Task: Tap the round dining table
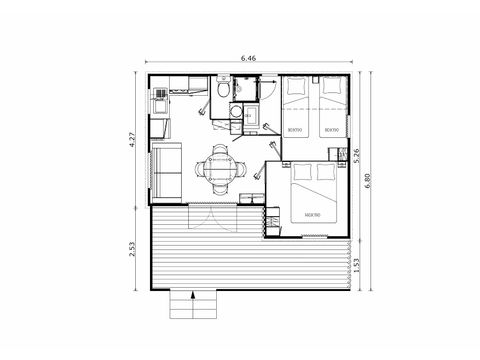[x=220, y=167]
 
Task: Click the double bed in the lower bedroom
[x=311, y=197]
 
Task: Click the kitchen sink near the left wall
[x=160, y=98]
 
